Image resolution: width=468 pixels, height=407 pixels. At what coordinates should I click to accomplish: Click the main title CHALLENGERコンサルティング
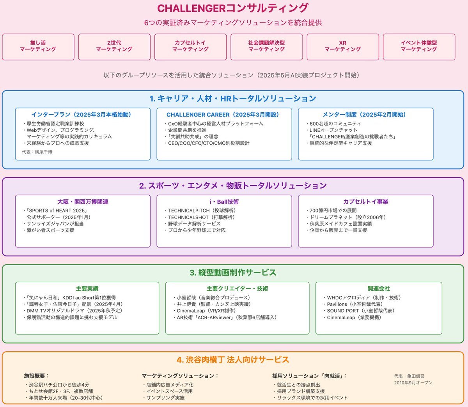(232, 8)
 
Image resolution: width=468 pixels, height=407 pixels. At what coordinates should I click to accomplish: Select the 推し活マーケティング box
(38, 47)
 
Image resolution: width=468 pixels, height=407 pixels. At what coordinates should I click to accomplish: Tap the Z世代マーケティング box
(114, 47)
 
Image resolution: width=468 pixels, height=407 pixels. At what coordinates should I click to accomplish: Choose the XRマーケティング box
(343, 47)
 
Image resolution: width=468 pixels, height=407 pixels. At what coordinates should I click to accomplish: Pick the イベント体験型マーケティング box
(419, 47)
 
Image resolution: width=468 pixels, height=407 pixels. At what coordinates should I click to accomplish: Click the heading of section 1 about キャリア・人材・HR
(233, 99)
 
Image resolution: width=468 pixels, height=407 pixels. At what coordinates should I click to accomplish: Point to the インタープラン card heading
(81, 114)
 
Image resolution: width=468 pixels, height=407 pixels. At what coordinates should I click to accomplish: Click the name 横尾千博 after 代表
(43, 152)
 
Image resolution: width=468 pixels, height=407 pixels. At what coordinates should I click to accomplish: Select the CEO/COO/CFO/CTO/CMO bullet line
(207, 143)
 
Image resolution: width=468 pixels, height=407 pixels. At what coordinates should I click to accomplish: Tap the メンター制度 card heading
(364, 114)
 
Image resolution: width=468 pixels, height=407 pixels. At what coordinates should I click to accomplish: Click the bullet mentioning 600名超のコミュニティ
(333, 124)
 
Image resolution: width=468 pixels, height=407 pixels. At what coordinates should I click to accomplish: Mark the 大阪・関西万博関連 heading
(83, 202)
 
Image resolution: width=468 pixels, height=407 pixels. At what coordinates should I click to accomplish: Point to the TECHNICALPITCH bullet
(200, 211)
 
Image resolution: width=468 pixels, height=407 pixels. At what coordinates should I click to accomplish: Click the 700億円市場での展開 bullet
(331, 211)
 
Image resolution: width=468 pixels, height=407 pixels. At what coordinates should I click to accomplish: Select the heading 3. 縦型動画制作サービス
(233, 273)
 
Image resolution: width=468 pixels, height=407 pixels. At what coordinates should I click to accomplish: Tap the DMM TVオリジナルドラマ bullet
(73, 311)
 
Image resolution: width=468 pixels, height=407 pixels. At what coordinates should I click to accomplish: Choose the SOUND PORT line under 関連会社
(359, 311)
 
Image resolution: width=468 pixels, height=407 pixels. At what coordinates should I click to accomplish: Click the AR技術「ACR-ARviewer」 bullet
(225, 317)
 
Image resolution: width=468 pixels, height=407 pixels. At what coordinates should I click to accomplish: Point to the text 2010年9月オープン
(413, 383)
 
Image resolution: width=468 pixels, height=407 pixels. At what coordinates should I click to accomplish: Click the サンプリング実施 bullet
(163, 398)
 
